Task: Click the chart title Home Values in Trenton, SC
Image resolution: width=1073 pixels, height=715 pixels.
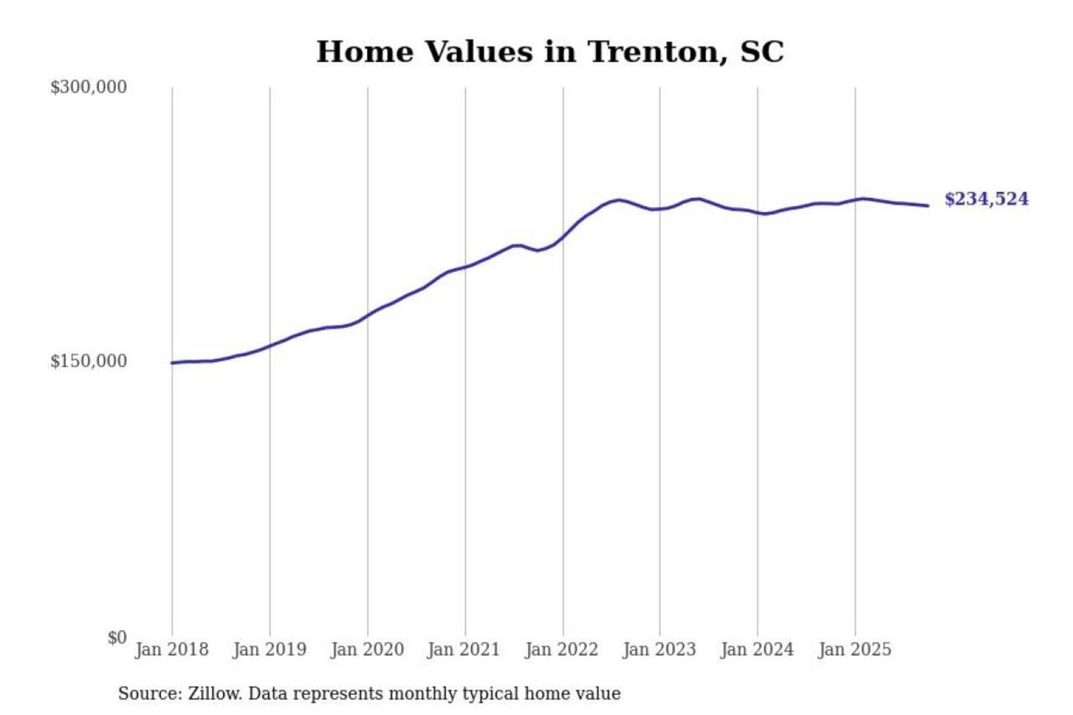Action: pyautogui.click(x=550, y=52)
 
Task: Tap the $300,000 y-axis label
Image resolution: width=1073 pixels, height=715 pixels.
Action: pyautogui.click(x=89, y=87)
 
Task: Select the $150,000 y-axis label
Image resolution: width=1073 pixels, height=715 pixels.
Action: pyautogui.click(x=89, y=361)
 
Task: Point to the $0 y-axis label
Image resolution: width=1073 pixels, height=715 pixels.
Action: pyautogui.click(x=117, y=638)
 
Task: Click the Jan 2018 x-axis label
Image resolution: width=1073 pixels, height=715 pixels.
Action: pyautogui.click(x=172, y=649)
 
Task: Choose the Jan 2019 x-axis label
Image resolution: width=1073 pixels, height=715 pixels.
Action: pyautogui.click(x=270, y=649)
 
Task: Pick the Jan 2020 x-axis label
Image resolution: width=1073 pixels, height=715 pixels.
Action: pyautogui.click(x=367, y=649)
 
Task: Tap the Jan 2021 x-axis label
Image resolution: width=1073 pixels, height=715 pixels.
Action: pyautogui.click(x=463, y=649)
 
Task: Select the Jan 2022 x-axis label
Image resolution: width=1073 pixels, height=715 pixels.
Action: pyautogui.click(x=562, y=649)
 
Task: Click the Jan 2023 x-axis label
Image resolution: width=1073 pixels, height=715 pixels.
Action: pyautogui.click(x=659, y=649)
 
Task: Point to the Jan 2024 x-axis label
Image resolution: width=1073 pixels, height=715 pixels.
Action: pyautogui.click(x=757, y=649)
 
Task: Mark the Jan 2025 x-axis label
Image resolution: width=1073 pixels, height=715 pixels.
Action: pyautogui.click(x=855, y=649)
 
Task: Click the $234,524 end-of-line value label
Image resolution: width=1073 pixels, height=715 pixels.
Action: pyautogui.click(x=987, y=199)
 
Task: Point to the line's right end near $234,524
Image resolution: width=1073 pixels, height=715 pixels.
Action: pyautogui.click(x=927, y=206)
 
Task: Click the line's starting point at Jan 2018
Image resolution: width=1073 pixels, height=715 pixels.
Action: pyautogui.click(x=172, y=363)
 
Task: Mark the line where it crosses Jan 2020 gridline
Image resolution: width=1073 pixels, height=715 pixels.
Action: pyautogui.click(x=367, y=314)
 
